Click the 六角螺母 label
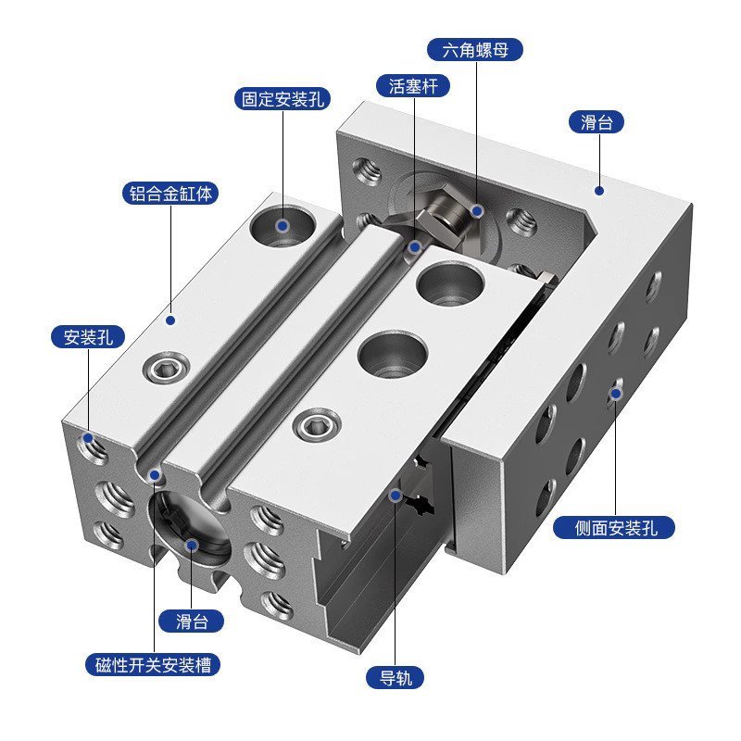475,49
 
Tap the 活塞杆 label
413,86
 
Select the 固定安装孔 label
283,99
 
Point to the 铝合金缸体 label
170,194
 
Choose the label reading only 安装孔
88,337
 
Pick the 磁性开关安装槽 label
154,664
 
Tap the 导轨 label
395,677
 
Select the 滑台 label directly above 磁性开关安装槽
193,621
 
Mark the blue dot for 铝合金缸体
170,320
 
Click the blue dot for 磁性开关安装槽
155,475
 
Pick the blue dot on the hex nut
476,211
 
